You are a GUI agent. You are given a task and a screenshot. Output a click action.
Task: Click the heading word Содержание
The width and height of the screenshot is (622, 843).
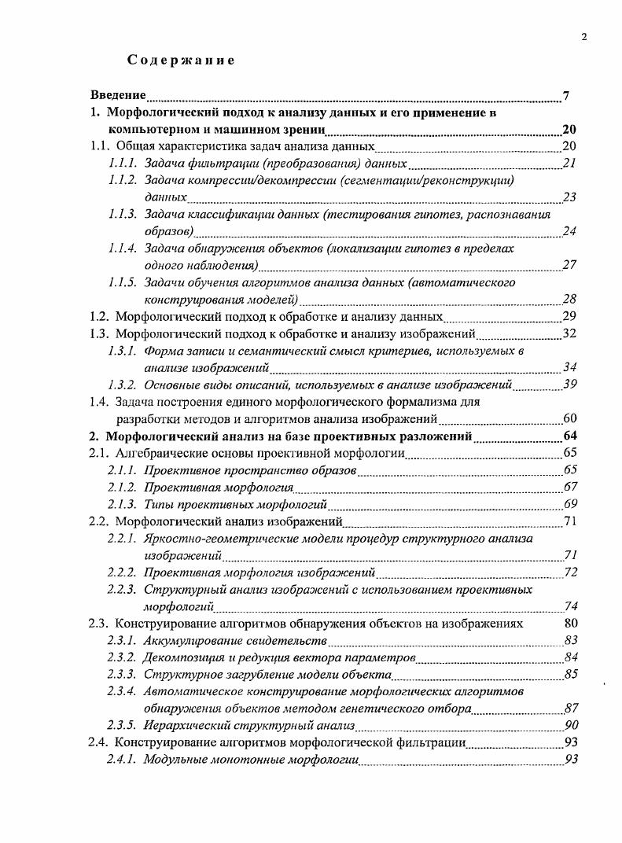pos(181,61)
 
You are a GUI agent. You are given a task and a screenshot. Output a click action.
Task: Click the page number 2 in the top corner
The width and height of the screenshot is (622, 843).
pos(584,35)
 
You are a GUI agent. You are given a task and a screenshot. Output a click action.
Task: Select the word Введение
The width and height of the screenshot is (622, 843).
pos(118,96)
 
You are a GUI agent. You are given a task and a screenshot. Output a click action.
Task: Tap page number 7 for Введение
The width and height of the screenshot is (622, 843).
pos(566,96)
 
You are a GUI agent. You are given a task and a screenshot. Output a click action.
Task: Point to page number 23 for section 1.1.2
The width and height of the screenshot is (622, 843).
pos(570,197)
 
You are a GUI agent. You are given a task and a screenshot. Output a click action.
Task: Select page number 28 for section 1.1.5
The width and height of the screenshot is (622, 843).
pos(570,300)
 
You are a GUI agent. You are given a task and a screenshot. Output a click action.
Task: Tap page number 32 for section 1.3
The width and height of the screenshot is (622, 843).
pos(570,333)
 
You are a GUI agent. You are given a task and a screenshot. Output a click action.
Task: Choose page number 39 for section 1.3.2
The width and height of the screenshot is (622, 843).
pos(570,385)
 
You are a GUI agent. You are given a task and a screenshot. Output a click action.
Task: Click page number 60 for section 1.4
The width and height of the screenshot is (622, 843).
pos(570,418)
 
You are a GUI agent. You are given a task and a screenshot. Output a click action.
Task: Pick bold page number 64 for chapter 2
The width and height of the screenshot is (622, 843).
pos(570,436)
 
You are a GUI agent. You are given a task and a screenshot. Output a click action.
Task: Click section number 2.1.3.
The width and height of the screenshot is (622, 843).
pos(123,504)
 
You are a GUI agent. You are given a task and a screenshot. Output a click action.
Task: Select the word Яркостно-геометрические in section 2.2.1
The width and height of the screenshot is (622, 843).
pos(208,539)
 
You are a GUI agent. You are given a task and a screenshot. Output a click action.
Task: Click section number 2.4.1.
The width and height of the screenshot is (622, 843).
pos(123,760)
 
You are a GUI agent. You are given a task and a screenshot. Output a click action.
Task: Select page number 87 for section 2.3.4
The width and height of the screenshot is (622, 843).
pos(570,709)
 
